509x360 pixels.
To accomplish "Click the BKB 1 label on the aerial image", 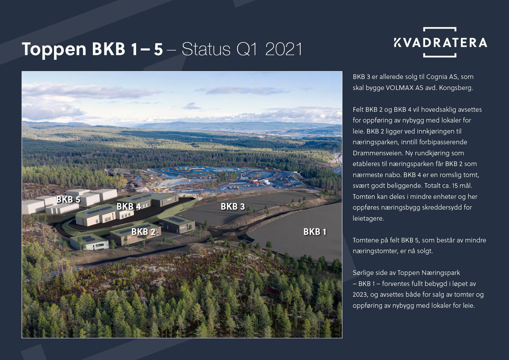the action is point(315,232).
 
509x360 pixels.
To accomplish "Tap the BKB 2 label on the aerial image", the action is point(143,232).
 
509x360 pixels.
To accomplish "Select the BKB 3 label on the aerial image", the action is point(233,207).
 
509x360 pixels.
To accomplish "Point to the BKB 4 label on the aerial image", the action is point(129,207).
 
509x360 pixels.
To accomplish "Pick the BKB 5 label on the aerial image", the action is point(68,200).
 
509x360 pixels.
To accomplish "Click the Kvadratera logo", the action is point(440,42).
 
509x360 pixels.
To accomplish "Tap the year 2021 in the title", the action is point(283,49).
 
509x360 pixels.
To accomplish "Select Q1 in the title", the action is point(247,49).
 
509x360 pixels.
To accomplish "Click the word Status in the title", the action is point(206,49).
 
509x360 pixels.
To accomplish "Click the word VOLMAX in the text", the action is point(400,88).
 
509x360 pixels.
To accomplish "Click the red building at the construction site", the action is point(255,182).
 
